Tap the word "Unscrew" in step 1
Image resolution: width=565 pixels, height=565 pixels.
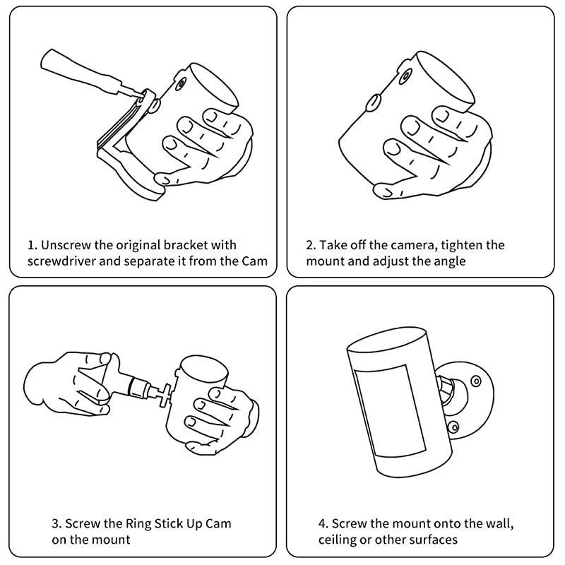[66, 245]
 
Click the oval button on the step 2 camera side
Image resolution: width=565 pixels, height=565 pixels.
[374, 103]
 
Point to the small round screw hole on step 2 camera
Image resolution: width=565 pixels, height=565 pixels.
[406, 76]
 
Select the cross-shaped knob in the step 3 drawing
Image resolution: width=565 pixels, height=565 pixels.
[166, 395]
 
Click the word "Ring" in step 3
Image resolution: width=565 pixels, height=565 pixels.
[138, 523]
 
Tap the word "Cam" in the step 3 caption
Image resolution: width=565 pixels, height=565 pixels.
[218, 523]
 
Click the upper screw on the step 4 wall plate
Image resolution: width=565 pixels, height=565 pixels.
[476, 381]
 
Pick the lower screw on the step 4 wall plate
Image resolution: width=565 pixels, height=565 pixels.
[453, 427]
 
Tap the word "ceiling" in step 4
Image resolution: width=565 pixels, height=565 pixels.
[336, 540]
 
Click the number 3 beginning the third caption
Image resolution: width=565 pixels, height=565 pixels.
[56, 524]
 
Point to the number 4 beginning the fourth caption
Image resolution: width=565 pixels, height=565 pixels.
[323, 524]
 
